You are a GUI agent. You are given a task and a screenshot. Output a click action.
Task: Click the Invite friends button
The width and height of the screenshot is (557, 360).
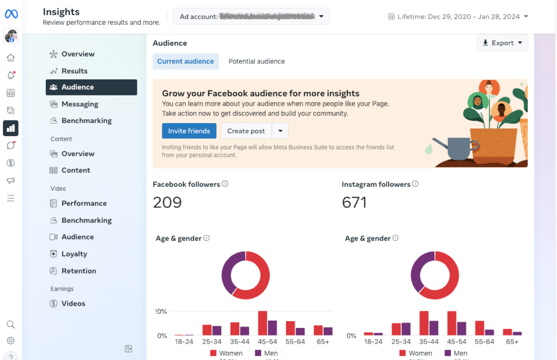click(x=189, y=131)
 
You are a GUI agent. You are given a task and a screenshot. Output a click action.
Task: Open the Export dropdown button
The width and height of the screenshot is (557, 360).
click(x=502, y=43)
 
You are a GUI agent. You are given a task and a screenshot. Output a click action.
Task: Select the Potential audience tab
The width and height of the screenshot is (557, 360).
click(x=256, y=61)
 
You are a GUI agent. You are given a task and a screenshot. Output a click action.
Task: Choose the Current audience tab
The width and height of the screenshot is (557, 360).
click(x=185, y=61)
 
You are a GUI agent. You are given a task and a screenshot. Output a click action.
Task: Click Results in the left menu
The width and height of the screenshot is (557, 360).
click(x=74, y=71)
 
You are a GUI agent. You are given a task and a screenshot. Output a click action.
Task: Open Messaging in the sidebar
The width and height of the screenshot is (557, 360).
click(x=79, y=104)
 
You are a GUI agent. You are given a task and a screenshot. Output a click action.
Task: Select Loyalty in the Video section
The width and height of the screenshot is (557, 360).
click(x=74, y=254)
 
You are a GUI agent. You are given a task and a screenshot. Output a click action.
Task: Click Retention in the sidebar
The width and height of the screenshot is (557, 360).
click(x=78, y=271)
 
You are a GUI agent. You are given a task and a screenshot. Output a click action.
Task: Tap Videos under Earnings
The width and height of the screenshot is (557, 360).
click(x=73, y=303)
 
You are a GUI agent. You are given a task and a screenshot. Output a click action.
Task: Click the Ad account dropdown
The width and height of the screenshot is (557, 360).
click(x=251, y=17)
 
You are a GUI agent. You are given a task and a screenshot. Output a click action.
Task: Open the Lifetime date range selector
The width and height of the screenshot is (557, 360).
click(x=458, y=17)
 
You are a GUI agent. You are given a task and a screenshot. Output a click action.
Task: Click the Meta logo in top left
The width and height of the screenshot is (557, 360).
click(x=11, y=13)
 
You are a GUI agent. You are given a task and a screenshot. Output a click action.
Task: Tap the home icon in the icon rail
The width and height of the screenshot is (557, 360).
click(x=10, y=58)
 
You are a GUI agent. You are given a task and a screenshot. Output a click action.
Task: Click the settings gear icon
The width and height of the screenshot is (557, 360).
click(x=10, y=340)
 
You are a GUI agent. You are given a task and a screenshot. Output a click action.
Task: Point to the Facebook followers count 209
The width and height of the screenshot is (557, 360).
click(x=167, y=202)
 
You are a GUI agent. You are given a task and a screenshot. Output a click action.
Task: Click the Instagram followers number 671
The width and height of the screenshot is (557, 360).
click(x=354, y=202)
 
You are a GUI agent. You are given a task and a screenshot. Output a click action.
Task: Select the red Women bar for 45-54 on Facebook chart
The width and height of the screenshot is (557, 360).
click(x=263, y=323)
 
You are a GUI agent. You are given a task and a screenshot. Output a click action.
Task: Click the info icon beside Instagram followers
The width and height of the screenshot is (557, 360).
click(x=415, y=184)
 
